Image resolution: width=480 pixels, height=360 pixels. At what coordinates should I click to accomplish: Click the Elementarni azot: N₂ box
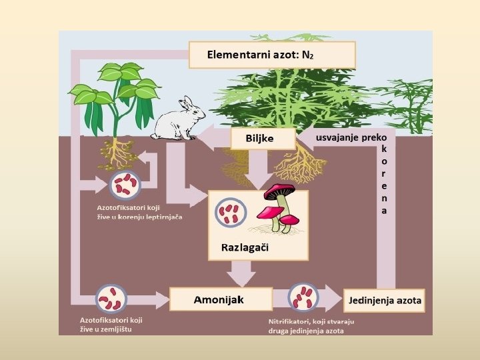click(272, 55)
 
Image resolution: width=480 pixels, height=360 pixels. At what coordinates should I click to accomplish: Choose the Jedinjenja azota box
click(385, 300)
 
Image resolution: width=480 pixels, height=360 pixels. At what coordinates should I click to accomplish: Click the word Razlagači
click(245, 248)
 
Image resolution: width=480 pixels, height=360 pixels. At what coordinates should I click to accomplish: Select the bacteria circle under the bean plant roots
click(124, 185)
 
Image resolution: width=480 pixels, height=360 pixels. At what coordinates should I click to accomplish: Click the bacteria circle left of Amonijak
click(111, 298)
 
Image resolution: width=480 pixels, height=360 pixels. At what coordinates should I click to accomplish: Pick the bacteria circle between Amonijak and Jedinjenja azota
click(303, 298)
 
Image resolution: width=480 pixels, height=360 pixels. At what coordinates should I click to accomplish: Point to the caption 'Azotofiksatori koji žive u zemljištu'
click(111, 325)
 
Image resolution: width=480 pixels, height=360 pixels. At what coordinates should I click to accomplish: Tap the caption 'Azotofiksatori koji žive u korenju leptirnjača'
click(139, 213)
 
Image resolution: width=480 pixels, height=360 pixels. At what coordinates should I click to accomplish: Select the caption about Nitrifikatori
click(306, 326)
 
